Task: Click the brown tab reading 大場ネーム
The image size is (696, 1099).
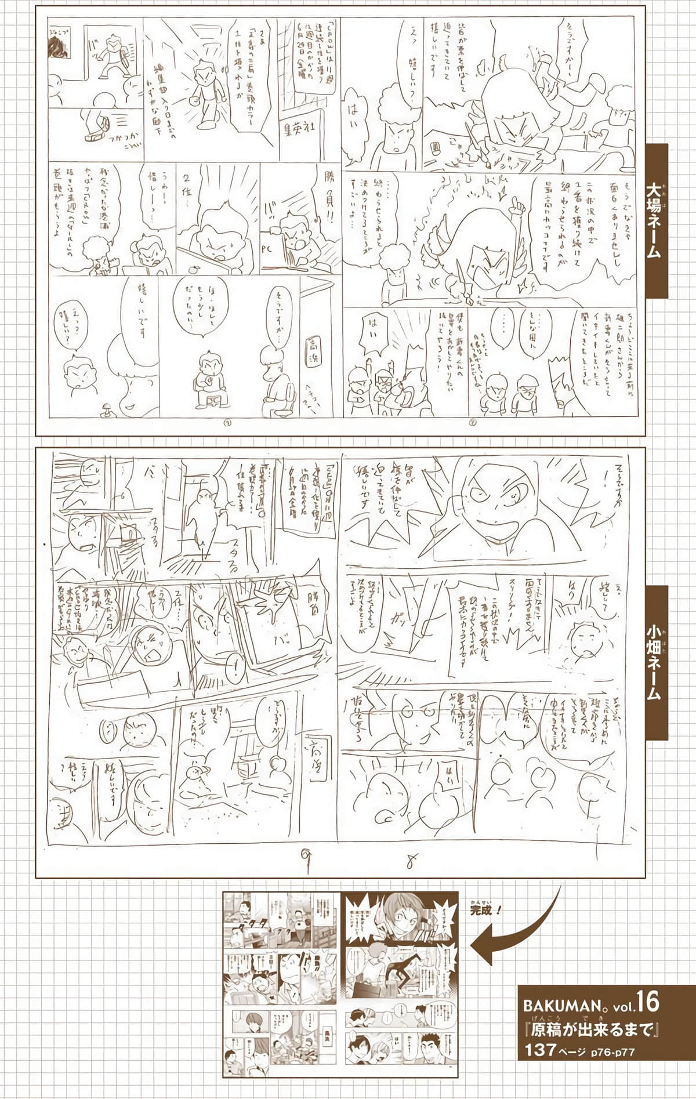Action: tap(657, 221)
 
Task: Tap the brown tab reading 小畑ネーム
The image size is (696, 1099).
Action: tap(657, 662)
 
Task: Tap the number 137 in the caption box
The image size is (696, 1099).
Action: tap(540, 1049)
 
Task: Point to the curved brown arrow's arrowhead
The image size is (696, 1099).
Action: tap(479, 944)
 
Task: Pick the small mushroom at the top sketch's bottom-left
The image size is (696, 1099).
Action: tap(108, 409)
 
